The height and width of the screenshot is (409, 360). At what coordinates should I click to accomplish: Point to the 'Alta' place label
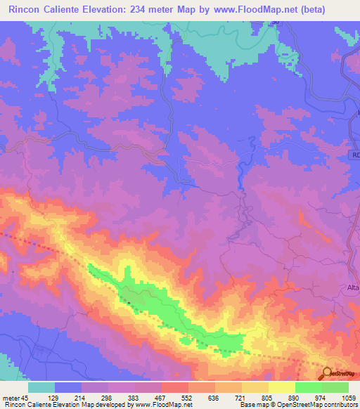point(353,288)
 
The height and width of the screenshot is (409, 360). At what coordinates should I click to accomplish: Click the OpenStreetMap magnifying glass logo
point(327,373)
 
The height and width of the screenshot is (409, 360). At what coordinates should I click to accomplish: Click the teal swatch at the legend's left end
point(41,387)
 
